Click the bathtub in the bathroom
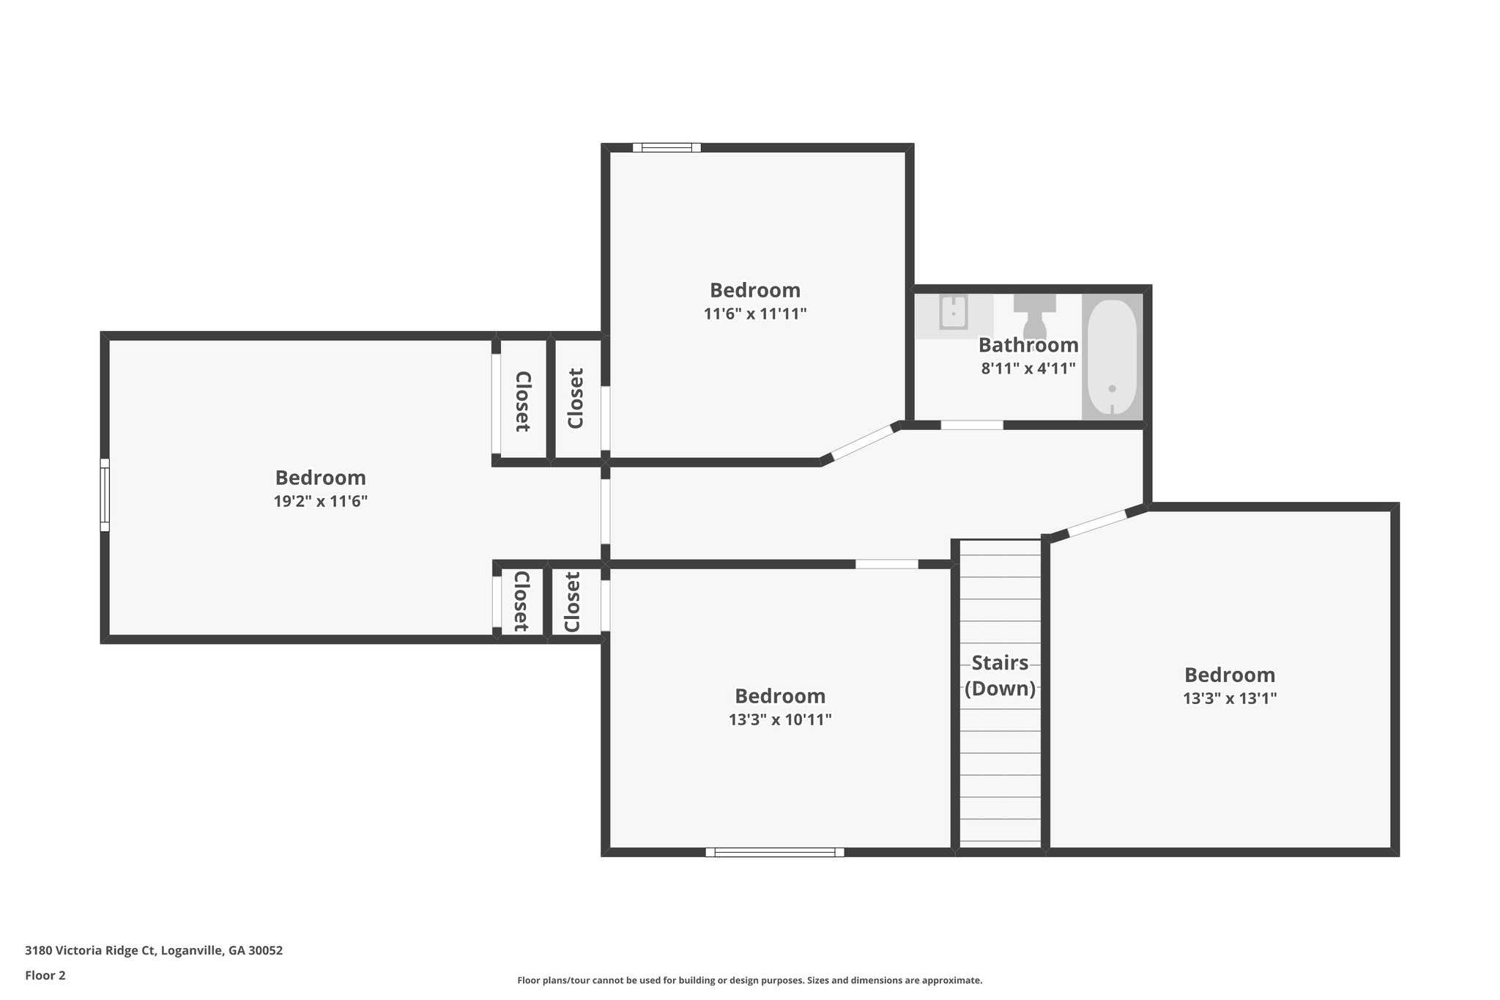pyautogui.click(x=1112, y=357)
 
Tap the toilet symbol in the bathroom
pyautogui.click(x=1034, y=315)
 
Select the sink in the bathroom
pyautogui.click(x=954, y=313)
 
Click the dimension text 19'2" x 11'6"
pyautogui.click(x=320, y=502)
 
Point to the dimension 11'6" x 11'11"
pyautogui.click(x=754, y=314)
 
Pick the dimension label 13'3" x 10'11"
pyautogui.click(x=779, y=720)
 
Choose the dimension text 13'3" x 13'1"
pyautogui.click(x=1229, y=699)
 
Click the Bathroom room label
pyautogui.click(x=1028, y=345)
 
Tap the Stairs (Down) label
pyautogui.click(x=1000, y=675)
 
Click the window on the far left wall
pyautogui.click(x=105, y=495)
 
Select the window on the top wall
pyautogui.click(x=667, y=147)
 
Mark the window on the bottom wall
pyautogui.click(x=774, y=852)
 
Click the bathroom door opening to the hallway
pyautogui.click(x=971, y=425)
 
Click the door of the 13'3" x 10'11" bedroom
pyautogui.click(x=886, y=564)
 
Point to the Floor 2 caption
pyautogui.click(x=45, y=975)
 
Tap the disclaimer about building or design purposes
pyautogui.click(x=749, y=980)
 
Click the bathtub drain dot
pyautogui.click(x=1112, y=389)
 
